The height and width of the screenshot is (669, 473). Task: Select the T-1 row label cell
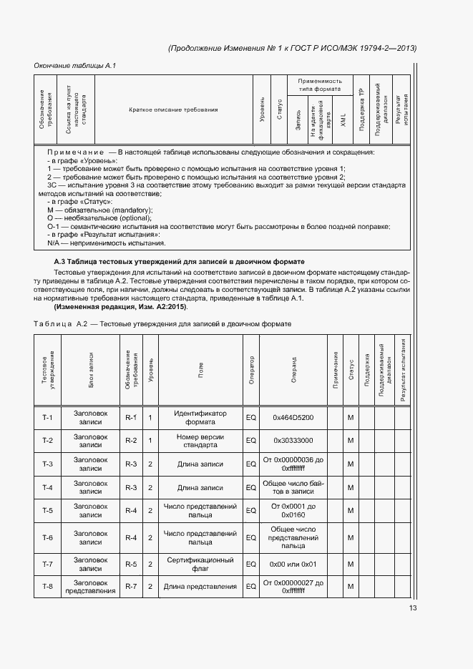tap(48, 417)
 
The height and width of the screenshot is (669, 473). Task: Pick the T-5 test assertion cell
tap(48, 510)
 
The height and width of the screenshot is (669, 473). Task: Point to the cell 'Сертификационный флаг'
tap(200, 564)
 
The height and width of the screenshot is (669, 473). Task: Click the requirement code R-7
tap(131, 587)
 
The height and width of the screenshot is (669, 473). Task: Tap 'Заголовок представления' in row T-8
tap(91, 587)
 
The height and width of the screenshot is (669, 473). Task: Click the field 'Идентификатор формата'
tap(200, 417)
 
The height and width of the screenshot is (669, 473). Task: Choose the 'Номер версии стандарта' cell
tap(200, 441)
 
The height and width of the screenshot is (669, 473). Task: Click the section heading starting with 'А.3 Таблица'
tap(180, 262)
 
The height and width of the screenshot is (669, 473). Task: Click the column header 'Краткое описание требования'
tap(173, 109)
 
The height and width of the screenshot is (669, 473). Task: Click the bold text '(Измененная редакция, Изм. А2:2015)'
tap(121, 306)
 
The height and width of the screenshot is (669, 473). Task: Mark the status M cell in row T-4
tap(351, 488)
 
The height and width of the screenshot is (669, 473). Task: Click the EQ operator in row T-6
tap(251, 538)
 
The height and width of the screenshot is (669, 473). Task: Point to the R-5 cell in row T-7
tap(131, 564)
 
